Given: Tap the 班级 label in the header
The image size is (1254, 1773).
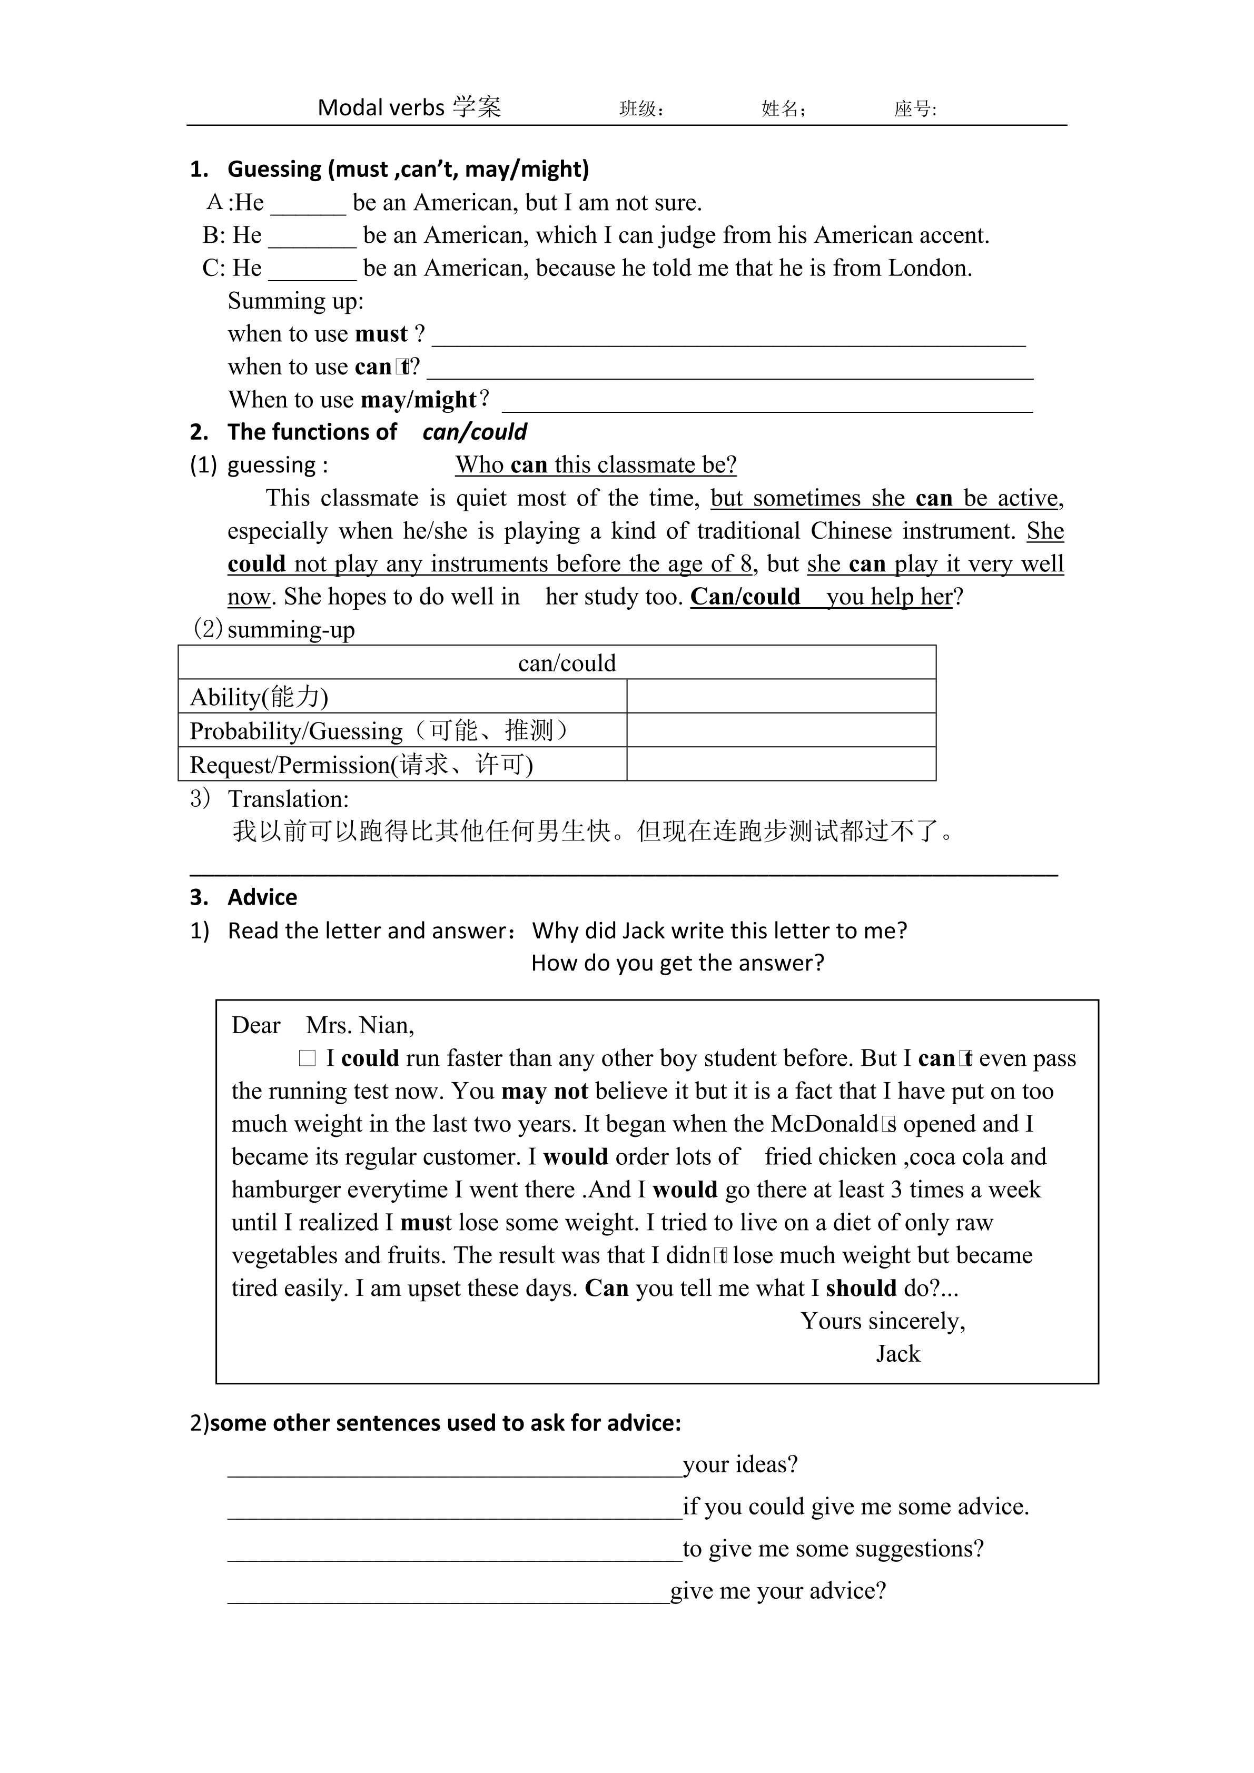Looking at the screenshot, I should point(641,109).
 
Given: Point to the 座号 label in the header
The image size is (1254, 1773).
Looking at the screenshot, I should point(915,109).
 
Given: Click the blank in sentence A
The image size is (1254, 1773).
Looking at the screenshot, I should point(308,205).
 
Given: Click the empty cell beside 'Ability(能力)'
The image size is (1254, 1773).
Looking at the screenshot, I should point(781,697).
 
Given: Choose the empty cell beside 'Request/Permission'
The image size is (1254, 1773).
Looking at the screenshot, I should point(781,765).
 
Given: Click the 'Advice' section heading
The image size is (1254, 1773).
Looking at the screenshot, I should point(262,897).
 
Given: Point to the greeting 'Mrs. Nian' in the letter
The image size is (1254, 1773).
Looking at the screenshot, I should point(359,1025).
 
